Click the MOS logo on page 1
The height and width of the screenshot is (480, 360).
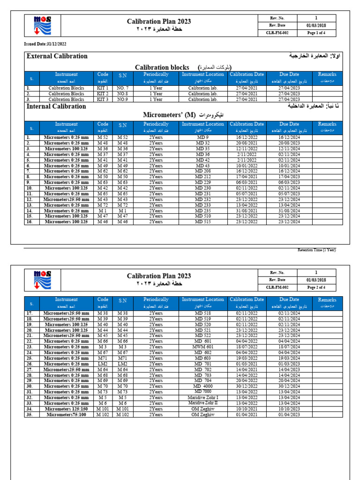pos(43,25)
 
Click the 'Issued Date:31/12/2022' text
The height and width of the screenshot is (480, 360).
pos(45,44)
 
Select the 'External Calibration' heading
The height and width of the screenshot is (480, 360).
pos(57,56)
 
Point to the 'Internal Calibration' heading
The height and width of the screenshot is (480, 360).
pos(57,106)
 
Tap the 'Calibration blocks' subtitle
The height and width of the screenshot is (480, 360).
pos(162,67)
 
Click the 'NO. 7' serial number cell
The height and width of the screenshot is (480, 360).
pos(122,88)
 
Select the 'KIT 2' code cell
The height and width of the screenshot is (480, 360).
pos(103,94)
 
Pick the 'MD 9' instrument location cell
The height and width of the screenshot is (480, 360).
pos(202,137)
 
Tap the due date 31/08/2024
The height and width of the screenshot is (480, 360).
pos(289,210)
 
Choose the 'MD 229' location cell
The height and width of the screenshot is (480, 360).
pos(202,182)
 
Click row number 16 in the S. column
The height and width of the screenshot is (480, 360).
pos(29,222)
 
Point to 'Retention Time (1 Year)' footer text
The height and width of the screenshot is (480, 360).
pos(317,250)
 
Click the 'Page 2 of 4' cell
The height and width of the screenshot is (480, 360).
pos(319,287)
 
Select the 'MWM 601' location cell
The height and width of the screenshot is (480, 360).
pos(202,347)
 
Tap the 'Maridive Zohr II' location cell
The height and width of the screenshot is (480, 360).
pos(203,403)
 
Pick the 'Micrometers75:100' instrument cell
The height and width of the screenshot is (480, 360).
pos(67,414)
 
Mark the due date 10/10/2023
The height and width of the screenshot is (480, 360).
pos(289,409)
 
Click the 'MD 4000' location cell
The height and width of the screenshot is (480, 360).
pos(202,386)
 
